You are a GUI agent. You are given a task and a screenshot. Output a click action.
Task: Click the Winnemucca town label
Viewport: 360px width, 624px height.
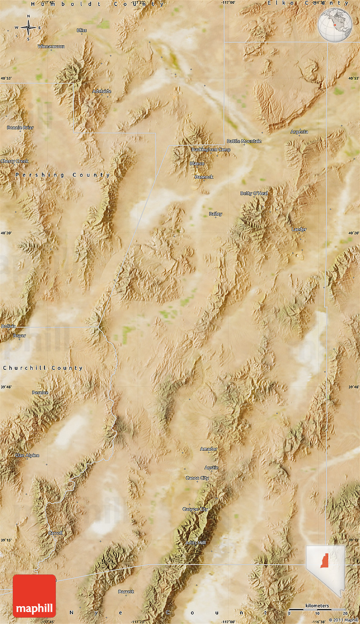(x=51, y=46)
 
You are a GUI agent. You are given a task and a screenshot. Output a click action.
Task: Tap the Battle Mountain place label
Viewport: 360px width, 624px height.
(x=244, y=141)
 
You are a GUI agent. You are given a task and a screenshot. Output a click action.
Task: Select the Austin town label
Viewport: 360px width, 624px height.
(x=211, y=468)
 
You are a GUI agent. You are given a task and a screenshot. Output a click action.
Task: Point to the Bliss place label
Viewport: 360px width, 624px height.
(x=82, y=31)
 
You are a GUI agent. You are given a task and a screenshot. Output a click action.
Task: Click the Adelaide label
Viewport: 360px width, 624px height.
(x=102, y=91)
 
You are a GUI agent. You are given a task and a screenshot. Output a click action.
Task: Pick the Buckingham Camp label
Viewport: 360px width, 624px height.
(x=211, y=150)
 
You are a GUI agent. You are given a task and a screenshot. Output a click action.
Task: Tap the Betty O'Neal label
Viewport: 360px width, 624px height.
(x=254, y=193)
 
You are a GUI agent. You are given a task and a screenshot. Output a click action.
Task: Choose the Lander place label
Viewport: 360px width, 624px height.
(x=299, y=229)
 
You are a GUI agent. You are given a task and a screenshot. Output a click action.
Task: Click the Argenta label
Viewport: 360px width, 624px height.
(x=299, y=132)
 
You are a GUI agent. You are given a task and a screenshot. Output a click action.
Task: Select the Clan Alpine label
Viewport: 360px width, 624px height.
(x=27, y=455)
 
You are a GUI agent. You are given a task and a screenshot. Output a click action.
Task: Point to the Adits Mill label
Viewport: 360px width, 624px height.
(x=196, y=543)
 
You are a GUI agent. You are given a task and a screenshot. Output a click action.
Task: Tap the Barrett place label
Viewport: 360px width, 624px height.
(x=126, y=591)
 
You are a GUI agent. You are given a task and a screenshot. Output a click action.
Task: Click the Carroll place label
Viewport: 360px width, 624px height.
(x=55, y=533)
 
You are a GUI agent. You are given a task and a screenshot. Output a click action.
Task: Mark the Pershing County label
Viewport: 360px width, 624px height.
(x=63, y=175)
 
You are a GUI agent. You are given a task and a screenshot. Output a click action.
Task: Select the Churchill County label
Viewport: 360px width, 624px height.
(x=42, y=368)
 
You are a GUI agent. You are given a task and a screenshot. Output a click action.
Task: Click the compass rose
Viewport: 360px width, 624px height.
(x=28, y=28)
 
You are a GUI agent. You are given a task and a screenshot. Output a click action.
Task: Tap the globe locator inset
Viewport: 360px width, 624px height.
(x=335, y=25)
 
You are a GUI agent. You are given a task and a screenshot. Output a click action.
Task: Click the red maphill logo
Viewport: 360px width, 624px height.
(x=34, y=596)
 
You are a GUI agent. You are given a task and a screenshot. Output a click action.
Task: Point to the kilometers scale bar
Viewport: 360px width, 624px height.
(x=317, y=609)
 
